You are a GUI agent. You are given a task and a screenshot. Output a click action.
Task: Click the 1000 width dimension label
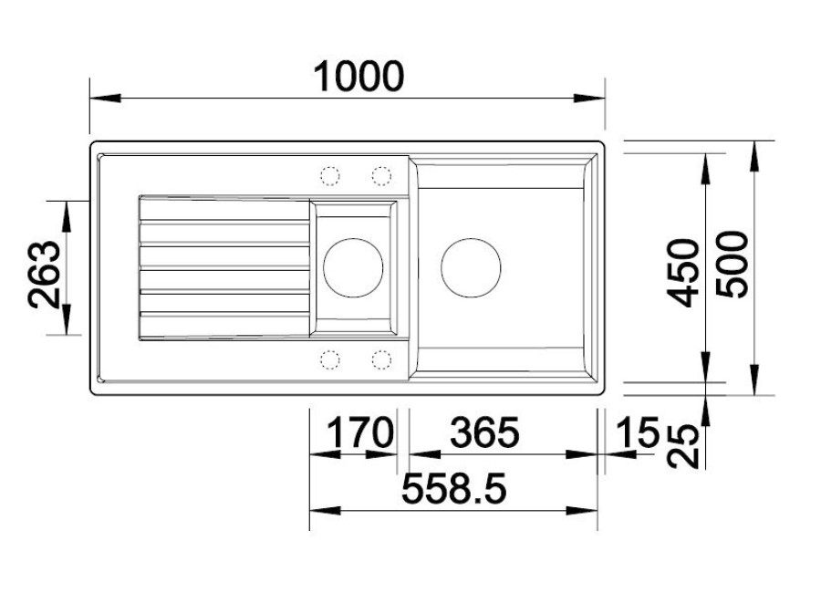click(x=359, y=77)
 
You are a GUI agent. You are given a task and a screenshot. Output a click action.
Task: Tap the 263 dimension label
click(x=45, y=274)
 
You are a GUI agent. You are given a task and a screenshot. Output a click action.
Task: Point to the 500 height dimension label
click(x=732, y=265)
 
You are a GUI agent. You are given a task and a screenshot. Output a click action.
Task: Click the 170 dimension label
click(x=359, y=432)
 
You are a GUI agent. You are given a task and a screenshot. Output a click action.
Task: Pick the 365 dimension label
click(x=485, y=432)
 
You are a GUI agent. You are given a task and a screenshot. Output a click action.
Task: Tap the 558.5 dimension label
click(x=454, y=488)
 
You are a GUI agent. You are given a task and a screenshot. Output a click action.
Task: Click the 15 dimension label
click(x=638, y=432)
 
